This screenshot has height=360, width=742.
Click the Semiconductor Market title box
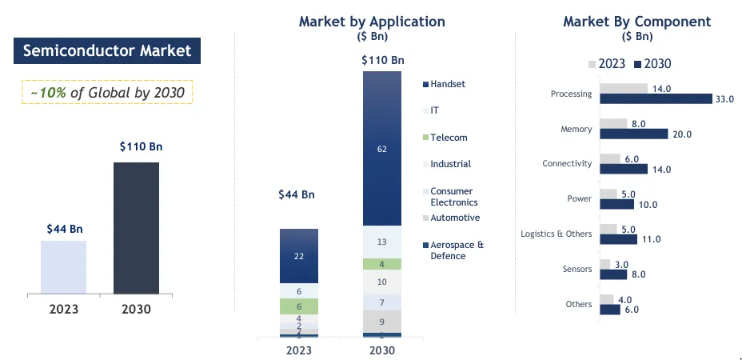[107, 51]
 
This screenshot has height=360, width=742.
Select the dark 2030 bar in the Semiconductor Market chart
[136, 228]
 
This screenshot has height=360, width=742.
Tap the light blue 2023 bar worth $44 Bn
[63, 267]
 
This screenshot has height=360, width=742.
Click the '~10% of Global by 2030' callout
[107, 93]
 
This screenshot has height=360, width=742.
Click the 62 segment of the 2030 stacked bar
[382, 148]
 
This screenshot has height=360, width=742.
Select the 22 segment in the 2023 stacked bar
[299, 256]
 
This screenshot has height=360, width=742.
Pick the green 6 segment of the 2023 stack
[299, 306]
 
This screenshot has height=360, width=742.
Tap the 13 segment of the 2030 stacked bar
[382, 242]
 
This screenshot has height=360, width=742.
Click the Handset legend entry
[447, 84]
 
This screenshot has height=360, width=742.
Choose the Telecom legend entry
[449, 138]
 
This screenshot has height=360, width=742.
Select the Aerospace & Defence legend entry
[457, 250]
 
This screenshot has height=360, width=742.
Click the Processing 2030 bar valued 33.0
[656, 98]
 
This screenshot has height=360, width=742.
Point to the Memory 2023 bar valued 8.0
[613, 123]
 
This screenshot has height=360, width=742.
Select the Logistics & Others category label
[556, 234]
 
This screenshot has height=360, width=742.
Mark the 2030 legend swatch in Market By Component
[637, 64]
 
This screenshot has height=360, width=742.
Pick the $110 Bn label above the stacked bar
[383, 60]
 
